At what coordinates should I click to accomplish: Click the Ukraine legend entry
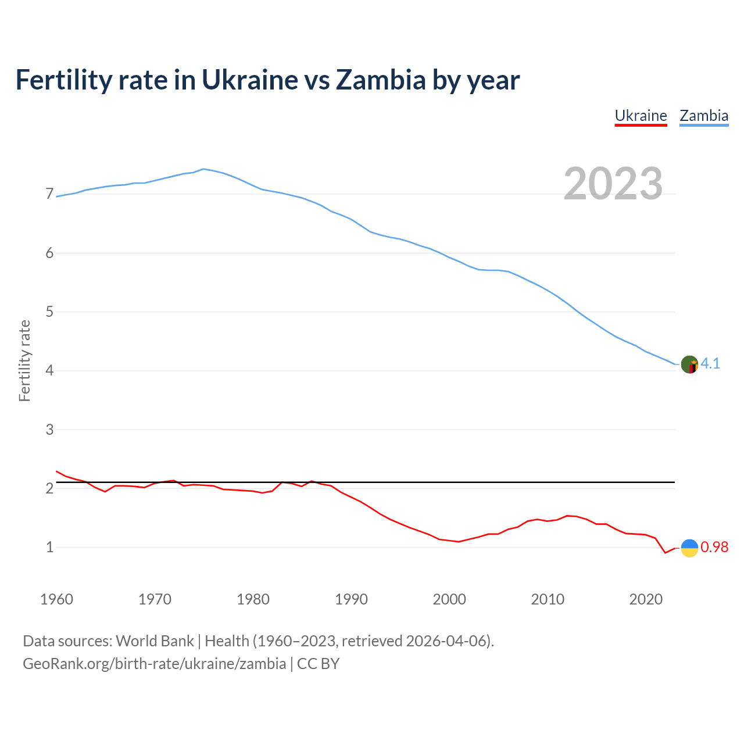[x=641, y=116]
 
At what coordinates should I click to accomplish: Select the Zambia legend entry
[x=704, y=116]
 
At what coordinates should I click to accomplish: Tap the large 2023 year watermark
[x=613, y=184]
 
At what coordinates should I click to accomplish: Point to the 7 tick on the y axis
[x=49, y=194]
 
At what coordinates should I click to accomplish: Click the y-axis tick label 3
[x=49, y=430]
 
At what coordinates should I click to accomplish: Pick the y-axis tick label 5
[x=49, y=312]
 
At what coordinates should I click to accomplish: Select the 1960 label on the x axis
[x=56, y=599]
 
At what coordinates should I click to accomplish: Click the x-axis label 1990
[x=351, y=599]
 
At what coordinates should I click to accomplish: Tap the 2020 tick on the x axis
[x=646, y=599]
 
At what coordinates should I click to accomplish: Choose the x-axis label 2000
[x=449, y=599]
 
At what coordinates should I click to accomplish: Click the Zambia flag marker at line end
[x=689, y=364]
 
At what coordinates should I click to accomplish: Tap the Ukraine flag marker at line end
[x=689, y=548]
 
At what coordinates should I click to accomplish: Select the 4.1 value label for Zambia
[x=710, y=364]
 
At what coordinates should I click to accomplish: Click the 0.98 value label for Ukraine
[x=714, y=548]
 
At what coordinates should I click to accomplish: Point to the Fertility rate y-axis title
[x=24, y=360]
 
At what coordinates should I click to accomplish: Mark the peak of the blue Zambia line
[x=203, y=169]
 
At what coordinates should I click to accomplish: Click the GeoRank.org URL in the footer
[x=154, y=664]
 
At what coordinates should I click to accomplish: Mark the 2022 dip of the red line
[x=666, y=553]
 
